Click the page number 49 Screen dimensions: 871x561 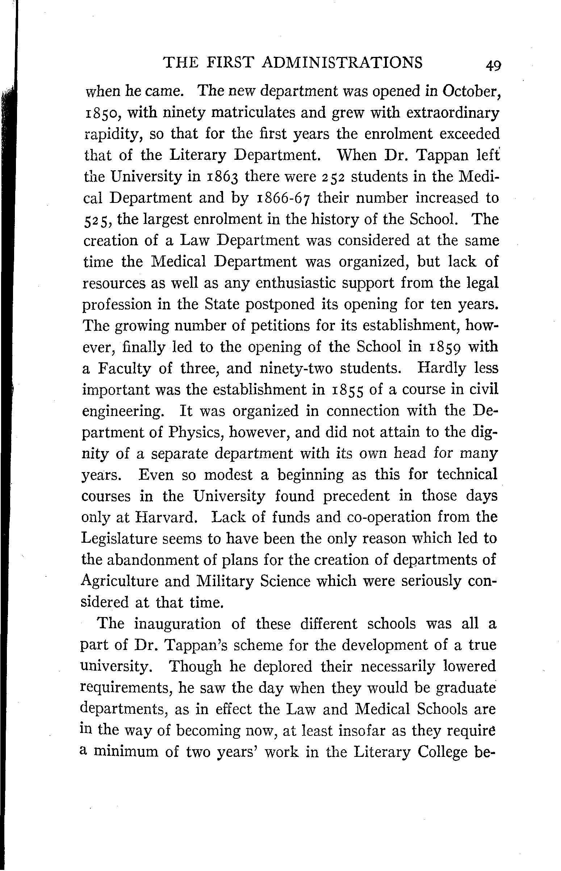pos(493,66)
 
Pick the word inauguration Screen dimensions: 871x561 pos(178,624)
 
